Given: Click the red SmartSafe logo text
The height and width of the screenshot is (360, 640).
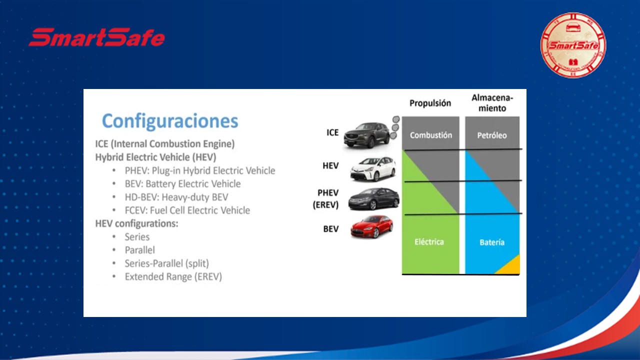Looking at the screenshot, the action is click(96, 37).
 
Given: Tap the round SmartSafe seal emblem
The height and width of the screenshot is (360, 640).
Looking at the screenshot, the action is click(573, 45).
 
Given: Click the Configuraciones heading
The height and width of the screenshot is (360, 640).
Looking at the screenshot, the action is click(170, 121).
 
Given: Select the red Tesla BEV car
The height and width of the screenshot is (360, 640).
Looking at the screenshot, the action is click(371, 226).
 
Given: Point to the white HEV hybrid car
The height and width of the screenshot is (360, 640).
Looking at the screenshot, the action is click(373, 168).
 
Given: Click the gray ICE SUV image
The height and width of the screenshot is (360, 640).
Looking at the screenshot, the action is click(366, 135).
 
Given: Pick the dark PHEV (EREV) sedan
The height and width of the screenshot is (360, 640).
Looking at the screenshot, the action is click(373, 199).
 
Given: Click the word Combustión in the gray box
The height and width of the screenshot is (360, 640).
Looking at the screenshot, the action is click(431, 135).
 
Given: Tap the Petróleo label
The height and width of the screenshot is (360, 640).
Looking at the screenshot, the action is click(492, 135).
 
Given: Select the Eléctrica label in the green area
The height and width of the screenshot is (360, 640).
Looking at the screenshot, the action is click(429, 242).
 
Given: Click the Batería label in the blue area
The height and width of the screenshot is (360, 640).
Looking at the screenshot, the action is click(492, 242).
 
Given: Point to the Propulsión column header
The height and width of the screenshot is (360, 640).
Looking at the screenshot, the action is click(430, 103).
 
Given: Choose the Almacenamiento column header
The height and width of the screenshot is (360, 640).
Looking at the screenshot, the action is click(492, 103).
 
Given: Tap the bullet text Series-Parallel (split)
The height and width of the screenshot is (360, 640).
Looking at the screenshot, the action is click(167, 263).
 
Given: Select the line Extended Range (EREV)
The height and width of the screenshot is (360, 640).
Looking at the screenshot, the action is click(173, 276).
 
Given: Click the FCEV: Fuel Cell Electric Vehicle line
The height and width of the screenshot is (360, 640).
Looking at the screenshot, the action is click(187, 210).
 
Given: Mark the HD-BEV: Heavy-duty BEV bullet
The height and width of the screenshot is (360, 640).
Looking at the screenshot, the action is click(176, 197).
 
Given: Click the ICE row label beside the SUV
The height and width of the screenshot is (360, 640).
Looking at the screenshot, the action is click(332, 132).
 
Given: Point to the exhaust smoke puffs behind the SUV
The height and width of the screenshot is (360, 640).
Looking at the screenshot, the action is click(395, 127).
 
